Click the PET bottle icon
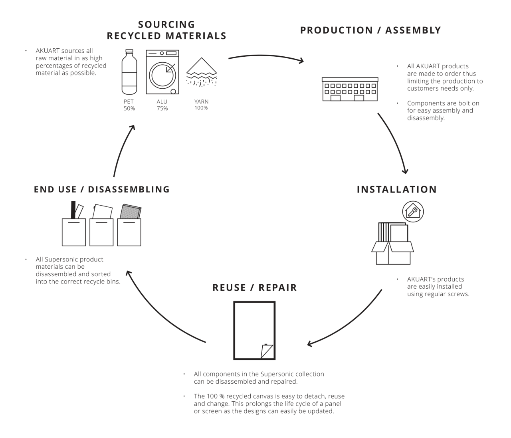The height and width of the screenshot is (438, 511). point(129,72)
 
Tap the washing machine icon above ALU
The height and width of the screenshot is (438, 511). point(162,72)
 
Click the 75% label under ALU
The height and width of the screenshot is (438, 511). point(162,109)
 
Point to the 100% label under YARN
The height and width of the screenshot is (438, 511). point(201,108)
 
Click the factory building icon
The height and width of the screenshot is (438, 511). point(350,89)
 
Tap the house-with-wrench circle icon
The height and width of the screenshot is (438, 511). point(413,212)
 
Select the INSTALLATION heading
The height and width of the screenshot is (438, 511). point(397,190)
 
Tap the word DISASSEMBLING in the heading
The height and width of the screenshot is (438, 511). point(129,190)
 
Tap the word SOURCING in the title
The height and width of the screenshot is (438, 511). point(167,25)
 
